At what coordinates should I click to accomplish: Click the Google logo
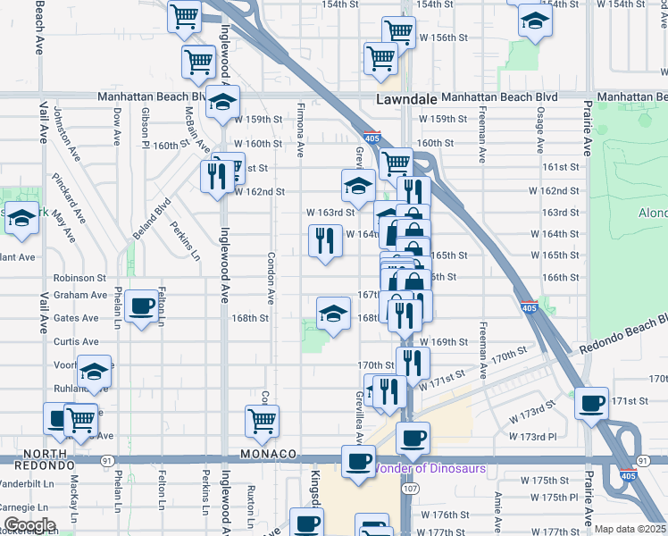(29, 525)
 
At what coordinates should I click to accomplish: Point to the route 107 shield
(410, 489)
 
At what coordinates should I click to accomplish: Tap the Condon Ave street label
(271, 277)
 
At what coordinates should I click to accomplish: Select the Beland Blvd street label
(162, 217)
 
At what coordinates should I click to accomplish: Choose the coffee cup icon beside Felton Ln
(142, 306)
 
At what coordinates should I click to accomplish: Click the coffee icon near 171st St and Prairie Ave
(591, 404)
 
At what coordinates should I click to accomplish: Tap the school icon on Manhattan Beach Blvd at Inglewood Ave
(223, 102)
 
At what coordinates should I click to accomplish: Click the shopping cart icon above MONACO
(262, 421)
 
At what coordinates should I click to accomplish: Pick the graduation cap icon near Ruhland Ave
(93, 371)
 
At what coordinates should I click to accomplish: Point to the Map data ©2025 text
(630, 529)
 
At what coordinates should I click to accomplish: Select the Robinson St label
(79, 278)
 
